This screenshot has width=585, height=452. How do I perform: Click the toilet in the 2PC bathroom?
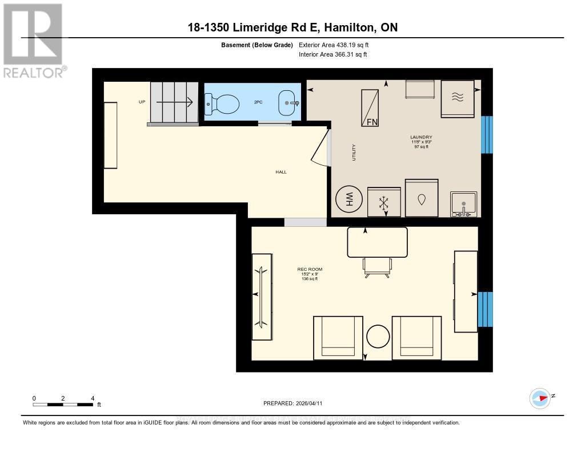pyautogui.click(x=223, y=104)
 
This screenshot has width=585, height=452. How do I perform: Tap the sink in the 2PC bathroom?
pyautogui.click(x=289, y=103)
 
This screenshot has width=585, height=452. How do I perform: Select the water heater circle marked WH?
pyautogui.click(x=347, y=200)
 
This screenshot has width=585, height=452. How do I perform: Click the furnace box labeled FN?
pyautogui.click(x=370, y=107)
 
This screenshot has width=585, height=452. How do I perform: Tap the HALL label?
pyautogui.click(x=281, y=171)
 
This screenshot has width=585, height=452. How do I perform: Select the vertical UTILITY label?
pyautogui.click(x=354, y=152)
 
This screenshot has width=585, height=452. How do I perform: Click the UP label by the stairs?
pyautogui.click(x=142, y=102)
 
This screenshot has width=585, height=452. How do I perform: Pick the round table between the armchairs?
pyautogui.click(x=378, y=337)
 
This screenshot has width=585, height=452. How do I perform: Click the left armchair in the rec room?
pyautogui.click(x=338, y=338)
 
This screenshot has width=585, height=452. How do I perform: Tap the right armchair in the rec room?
pyautogui.click(x=420, y=338)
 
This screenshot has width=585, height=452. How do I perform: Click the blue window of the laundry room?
pyautogui.click(x=487, y=135)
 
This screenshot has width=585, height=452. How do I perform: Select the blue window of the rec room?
pyautogui.click(x=484, y=309)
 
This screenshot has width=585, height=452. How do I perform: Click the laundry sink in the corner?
pyautogui.click(x=463, y=204)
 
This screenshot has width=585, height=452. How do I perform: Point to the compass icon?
pyautogui.click(x=540, y=398)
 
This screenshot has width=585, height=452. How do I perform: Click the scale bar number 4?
pyautogui.click(x=93, y=398)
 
